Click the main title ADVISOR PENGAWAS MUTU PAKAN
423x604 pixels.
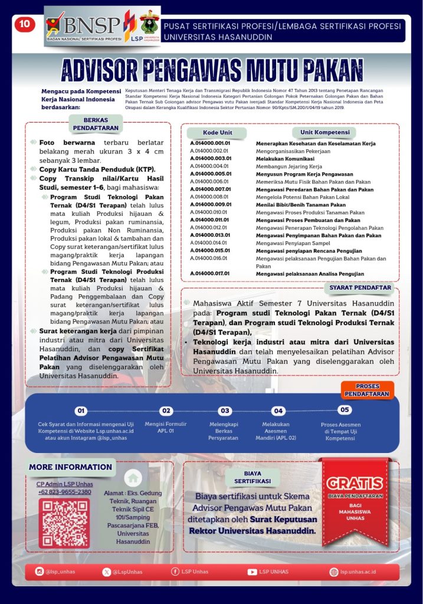pyautogui.click(x=211, y=70)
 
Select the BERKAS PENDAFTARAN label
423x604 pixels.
pyautogui.click(x=96, y=124)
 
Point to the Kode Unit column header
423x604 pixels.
pyautogui.click(x=217, y=132)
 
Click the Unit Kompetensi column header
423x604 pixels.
pyautogui.click(x=325, y=132)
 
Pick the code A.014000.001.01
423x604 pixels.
pyautogui.click(x=210, y=143)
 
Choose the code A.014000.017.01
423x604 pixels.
pyautogui.click(x=210, y=274)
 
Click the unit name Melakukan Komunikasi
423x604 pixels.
pyautogui.click(x=285, y=159)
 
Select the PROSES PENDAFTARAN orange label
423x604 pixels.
pyautogui.click(x=367, y=390)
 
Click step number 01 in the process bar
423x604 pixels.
pyautogui.click(x=81, y=411)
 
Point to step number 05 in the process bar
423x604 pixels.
pyautogui.click(x=345, y=410)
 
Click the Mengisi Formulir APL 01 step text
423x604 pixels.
pyautogui.click(x=166, y=427)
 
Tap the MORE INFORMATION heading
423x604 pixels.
pyautogui.click(x=70, y=467)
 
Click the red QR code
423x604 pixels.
pyautogui.click(x=64, y=523)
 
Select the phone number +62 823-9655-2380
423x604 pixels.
pyautogui.click(x=64, y=492)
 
